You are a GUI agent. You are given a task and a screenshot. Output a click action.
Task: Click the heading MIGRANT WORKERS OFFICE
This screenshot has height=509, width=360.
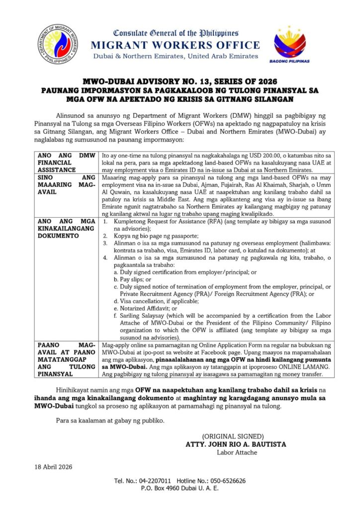[176, 45]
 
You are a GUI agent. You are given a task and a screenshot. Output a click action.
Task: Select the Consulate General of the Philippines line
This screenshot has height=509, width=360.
[176, 33]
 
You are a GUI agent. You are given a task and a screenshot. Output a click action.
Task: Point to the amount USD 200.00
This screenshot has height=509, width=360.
[261, 156]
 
